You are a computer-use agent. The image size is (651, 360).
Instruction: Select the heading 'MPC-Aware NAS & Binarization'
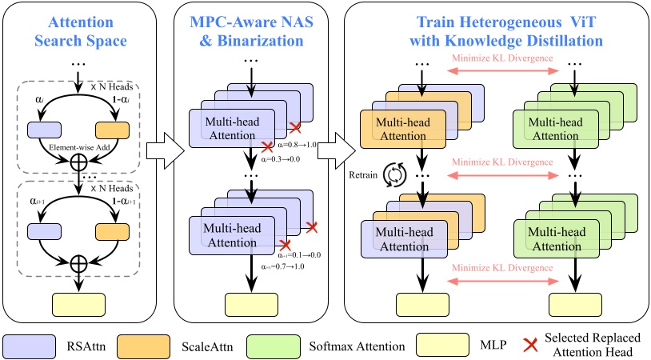(251, 31)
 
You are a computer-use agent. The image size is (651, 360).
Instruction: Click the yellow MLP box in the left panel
(78, 305)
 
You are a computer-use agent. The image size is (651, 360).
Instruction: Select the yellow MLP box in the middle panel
(251, 305)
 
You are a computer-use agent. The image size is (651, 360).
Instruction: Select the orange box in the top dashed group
(112, 130)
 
